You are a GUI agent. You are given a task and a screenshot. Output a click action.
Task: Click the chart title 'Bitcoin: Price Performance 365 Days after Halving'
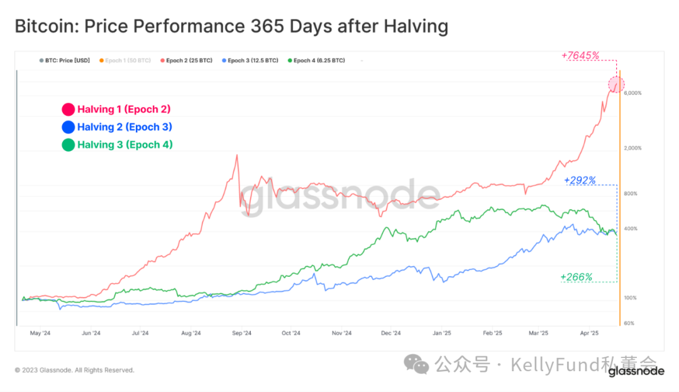click(x=231, y=26)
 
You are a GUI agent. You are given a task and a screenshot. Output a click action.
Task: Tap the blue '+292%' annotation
click(x=580, y=180)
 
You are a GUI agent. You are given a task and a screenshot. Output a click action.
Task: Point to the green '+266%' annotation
click(x=576, y=277)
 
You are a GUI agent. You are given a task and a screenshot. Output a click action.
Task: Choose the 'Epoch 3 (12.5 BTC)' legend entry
click(x=250, y=60)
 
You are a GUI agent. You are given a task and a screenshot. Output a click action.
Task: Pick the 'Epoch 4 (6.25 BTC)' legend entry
click(x=316, y=60)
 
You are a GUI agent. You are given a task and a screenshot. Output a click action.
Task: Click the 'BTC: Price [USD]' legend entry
click(x=64, y=60)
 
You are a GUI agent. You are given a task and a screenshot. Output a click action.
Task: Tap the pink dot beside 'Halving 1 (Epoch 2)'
click(x=68, y=109)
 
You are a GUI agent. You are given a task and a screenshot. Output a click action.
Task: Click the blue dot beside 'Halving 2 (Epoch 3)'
click(x=68, y=127)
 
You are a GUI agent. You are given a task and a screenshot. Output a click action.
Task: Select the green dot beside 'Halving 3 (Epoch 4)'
click(x=68, y=145)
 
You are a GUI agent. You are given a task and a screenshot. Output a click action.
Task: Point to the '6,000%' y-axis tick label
click(x=632, y=93)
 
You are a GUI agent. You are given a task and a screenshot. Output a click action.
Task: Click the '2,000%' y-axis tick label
click(x=632, y=148)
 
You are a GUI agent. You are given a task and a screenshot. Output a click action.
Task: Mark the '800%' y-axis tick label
click(x=631, y=194)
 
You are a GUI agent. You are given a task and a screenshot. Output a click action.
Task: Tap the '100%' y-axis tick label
click(x=631, y=298)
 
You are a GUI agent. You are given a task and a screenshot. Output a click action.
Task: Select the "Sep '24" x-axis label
click(x=241, y=333)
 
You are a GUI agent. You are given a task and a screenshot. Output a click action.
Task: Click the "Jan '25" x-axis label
click(x=442, y=333)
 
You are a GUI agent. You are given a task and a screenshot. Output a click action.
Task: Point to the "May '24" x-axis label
click(x=40, y=333)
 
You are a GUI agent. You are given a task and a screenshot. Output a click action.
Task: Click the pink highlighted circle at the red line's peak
click(x=616, y=84)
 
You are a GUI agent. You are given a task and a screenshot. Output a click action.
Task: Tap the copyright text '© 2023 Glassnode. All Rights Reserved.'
click(x=74, y=370)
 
